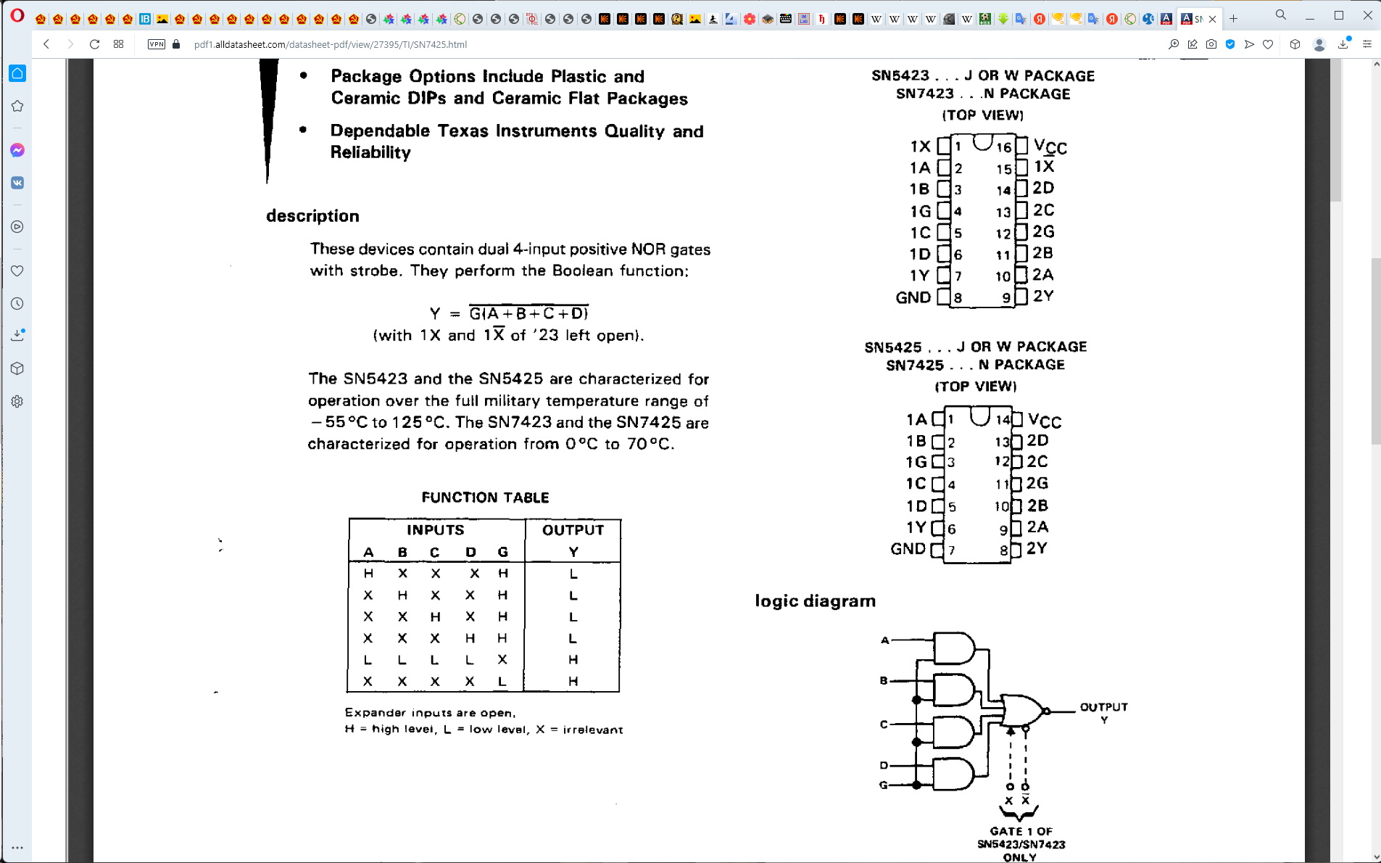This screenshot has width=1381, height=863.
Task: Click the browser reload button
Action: [x=94, y=44]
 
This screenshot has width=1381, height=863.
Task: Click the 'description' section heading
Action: [x=312, y=216]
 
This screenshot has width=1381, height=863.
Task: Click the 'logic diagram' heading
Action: [x=815, y=601]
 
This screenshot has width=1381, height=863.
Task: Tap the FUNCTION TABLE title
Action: [x=485, y=497]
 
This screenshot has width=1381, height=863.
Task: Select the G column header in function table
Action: [x=503, y=553]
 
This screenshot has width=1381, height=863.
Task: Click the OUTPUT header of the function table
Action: [x=573, y=530]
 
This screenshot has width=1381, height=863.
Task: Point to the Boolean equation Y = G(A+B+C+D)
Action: [x=509, y=313]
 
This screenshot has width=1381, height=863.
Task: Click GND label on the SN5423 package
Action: [x=913, y=297]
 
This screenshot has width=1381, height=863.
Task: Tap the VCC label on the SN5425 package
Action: [x=1045, y=421]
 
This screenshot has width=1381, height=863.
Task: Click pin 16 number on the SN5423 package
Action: [x=1003, y=147]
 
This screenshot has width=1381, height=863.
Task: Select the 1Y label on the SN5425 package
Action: [x=916, y=527]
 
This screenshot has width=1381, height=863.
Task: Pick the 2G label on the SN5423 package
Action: [x=1043, y=231]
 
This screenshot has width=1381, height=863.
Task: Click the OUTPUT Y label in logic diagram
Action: [x=1103, y=711]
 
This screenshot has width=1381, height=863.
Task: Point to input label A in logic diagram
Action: [x=884, y=640]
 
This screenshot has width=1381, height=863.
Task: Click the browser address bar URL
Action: [x=331, y=44]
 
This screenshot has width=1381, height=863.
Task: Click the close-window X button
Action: [x=1367, y=15]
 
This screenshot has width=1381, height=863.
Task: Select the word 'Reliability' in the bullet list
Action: [x=370, y=152]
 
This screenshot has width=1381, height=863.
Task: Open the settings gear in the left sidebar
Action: [x=17, y=401]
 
